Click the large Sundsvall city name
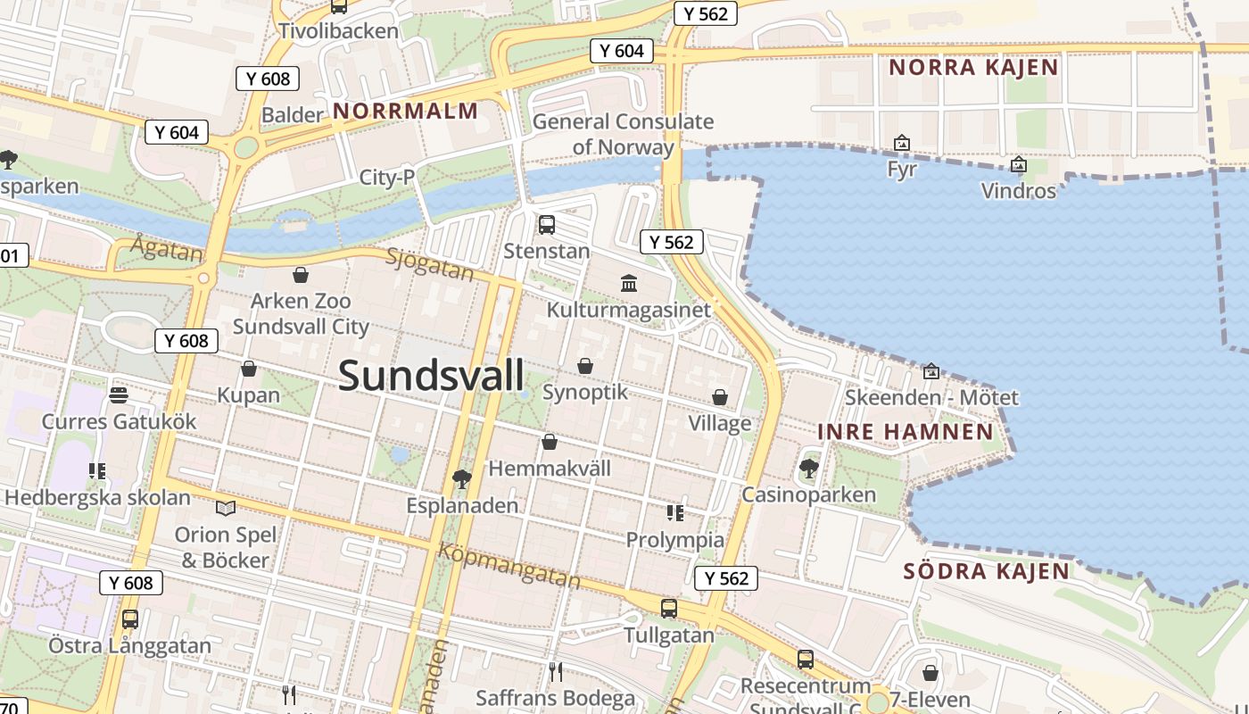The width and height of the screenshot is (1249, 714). (x=432, y=376)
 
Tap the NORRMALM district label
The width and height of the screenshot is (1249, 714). (x=405, y=111)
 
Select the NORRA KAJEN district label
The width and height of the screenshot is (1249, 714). (x=973, y=67)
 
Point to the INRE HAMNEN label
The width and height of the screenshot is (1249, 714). (x=906, y=432)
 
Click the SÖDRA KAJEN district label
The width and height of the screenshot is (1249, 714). (x=986, y=571)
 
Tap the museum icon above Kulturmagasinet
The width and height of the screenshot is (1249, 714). (x=629, y=283)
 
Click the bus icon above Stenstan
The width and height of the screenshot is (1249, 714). (x=547, y=224)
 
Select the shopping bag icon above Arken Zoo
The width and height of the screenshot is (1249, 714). (x=301, y=275)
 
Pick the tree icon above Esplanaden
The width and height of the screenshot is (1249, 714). (x=461, y=479)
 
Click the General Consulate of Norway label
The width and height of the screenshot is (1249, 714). (x=623, y=134)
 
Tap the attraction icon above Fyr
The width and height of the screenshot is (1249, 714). (x=902, y=143)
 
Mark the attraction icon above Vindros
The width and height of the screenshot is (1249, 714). (x=1018, y=164)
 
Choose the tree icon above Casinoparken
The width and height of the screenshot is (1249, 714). (x=809, y=468)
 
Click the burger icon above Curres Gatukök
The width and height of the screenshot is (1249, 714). (x=119, y=394)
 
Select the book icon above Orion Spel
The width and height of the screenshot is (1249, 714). (x=226, y=508)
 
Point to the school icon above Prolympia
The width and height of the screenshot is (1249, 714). (x=675, y=512)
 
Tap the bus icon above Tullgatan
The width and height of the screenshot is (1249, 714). (x=669, y=609)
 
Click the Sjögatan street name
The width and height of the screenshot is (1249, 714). (x=430, y=265)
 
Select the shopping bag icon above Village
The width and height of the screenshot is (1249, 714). (x=720, y=397)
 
